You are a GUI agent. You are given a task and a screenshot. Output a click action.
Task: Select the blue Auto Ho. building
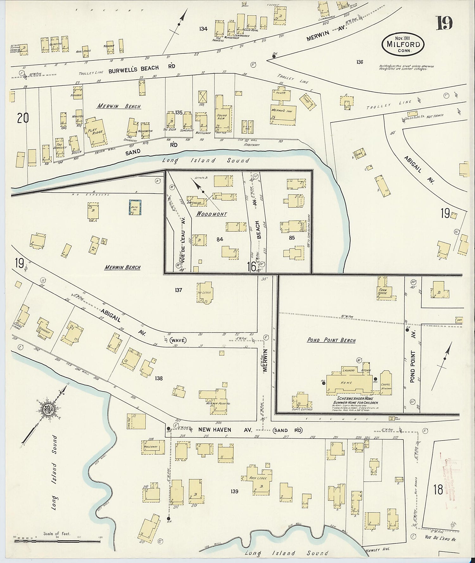(135, 207)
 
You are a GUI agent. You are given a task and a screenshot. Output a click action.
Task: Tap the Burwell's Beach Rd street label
(142, 67)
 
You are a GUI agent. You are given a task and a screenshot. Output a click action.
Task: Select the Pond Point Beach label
(331, 341)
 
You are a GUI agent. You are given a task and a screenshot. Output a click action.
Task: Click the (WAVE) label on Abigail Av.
(178, 341)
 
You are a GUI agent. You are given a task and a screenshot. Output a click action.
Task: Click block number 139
(234, 491)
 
